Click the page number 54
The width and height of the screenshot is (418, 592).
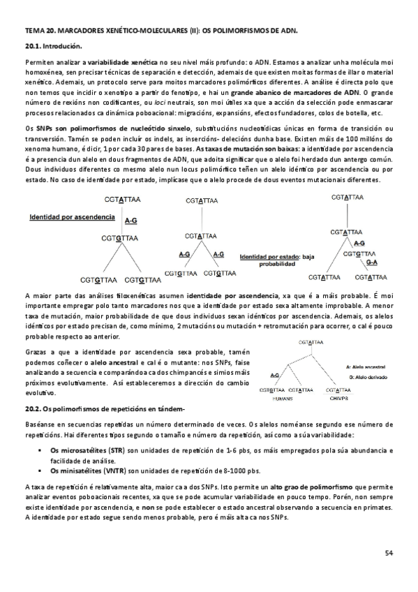[389, 553]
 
